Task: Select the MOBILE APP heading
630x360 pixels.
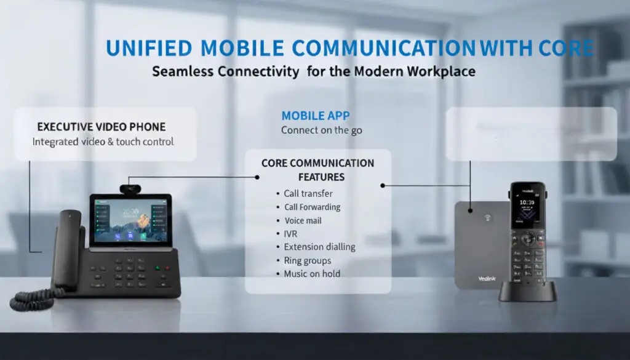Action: coord(316,116)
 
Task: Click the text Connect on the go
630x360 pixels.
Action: coord(321,130)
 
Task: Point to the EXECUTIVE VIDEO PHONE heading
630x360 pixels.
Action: coord(102,127)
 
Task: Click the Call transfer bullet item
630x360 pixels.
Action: coord(308,193)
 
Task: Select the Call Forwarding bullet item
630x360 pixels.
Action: coord(312,207)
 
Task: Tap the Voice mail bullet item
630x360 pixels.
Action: coord(303,220)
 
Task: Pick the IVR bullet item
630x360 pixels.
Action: coord(290,234)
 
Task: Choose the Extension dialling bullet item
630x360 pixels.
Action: coord(319,247)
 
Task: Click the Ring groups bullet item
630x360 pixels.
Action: coord(307,260)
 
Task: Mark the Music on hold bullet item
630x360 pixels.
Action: coord(312,274)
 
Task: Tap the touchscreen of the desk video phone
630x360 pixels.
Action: coord(130,220)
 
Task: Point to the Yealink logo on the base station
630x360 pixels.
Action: coord(487,278)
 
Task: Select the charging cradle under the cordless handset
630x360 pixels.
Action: coord(527,293)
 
